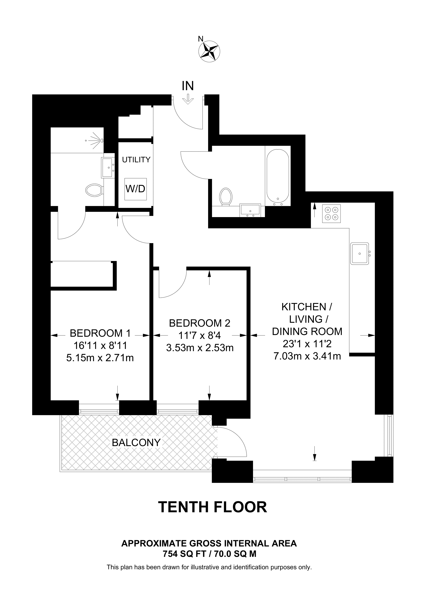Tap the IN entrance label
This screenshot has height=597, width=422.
click(x=188, y=86)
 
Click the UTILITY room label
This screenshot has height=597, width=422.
click(x=136, y=160)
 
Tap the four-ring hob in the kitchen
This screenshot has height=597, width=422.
click(x=331, y=213)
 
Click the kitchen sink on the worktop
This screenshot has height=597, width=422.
click(x=360, y=254)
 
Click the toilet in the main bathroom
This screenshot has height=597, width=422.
click(x=225, y=197)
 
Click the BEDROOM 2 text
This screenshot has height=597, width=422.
click(x=199, y=323)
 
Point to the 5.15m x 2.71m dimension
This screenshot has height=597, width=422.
click(x=100, y=358)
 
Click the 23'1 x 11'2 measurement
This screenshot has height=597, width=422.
click(x=307, y=344)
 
